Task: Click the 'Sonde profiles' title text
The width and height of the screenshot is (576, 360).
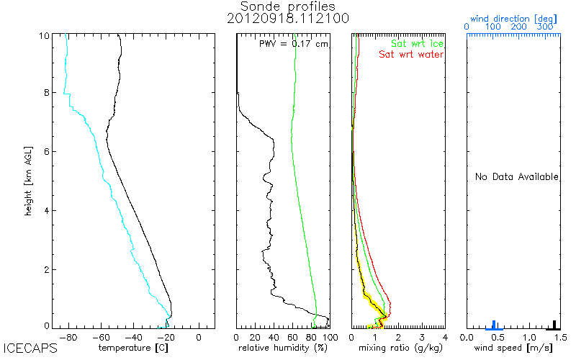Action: click(288, 6)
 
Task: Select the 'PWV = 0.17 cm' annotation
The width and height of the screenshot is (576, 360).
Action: click(293, 44)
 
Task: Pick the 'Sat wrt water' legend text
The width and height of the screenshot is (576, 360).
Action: click(411, 55)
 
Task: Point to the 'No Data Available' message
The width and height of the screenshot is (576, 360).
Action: click(516, 177)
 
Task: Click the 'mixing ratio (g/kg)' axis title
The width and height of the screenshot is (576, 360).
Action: click(398, 348)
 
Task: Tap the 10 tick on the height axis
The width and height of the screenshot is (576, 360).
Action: click(44, 36)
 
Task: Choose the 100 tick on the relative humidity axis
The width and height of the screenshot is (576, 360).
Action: click(329, 336)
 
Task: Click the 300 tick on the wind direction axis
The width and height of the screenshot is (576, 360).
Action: click(546, 27)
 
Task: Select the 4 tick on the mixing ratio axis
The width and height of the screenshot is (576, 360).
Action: click(444, 336)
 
